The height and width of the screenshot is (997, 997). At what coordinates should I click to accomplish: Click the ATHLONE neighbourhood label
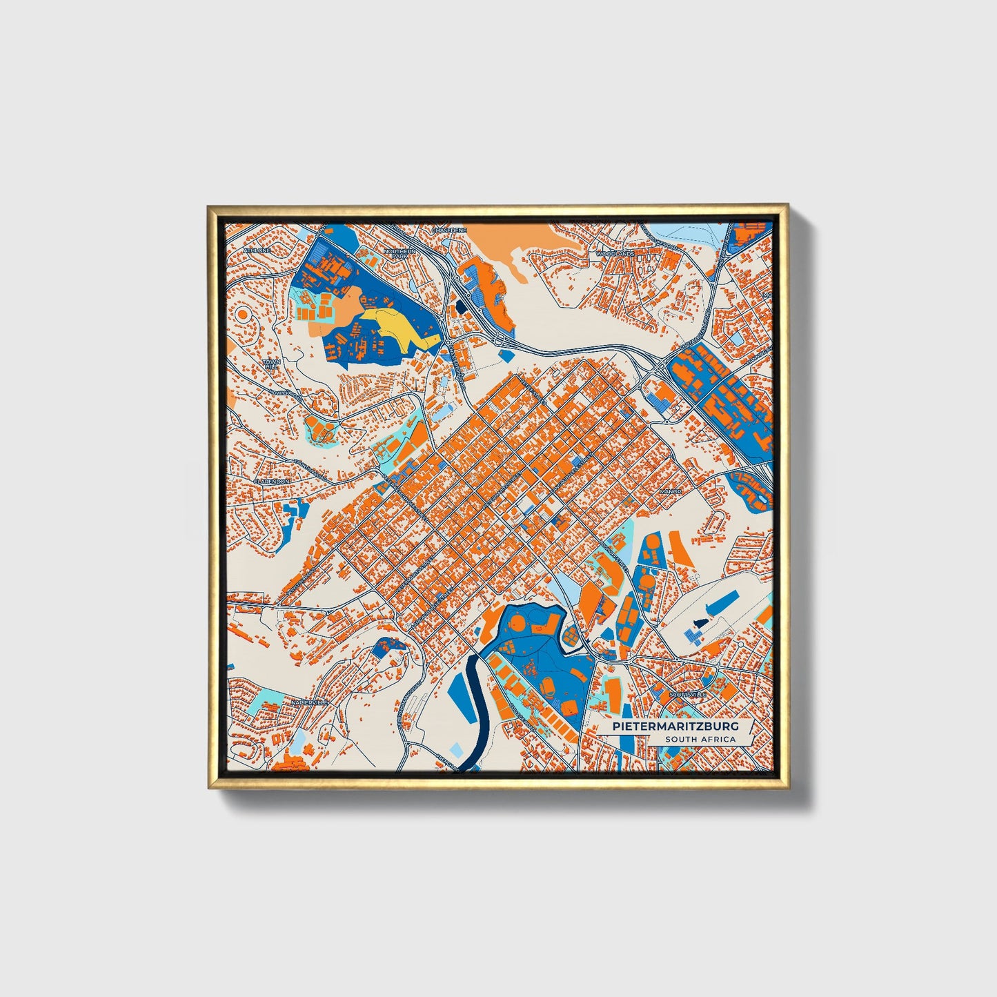(x=256, y=250)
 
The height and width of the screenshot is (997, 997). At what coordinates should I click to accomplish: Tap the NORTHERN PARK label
(x=399, y=254)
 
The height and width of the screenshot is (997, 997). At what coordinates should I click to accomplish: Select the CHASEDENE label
(x=449, y=229)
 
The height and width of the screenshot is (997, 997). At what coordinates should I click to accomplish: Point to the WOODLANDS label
(x=615, y=254)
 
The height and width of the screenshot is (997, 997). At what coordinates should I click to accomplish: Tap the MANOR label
(x=670, y=492)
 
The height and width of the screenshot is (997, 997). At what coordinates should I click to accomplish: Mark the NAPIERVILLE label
(x=308, y=702)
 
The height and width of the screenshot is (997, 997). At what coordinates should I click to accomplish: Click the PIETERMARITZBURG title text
(x=675, y=727)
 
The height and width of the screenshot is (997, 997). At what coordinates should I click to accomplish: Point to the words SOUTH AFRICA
(x=700, y=740)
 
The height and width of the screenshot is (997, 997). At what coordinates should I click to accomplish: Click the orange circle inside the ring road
(x=243, y=314)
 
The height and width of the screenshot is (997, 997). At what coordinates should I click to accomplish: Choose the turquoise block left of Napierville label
(x=264, y=704)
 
